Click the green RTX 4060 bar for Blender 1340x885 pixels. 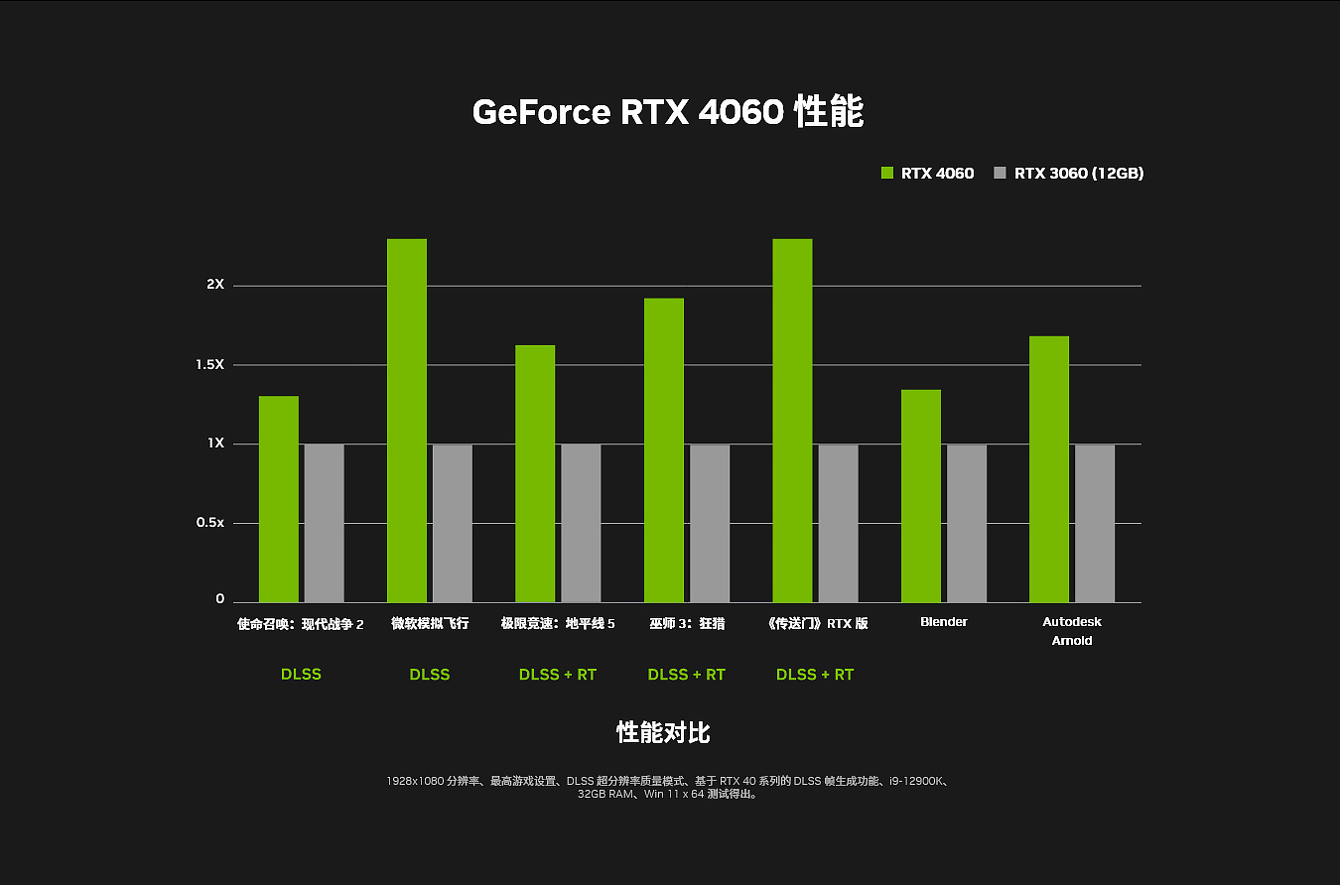click(920, 496)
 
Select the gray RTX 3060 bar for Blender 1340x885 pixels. click(967, 523)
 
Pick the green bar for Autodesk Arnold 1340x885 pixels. click(1049, 469)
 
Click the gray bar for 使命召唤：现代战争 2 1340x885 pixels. click(324, 523)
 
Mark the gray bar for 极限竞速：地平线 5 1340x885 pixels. click(581, 523)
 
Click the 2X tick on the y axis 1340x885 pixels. click(215, 285)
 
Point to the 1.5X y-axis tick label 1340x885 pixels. click(209, 365)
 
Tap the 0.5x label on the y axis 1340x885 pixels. click(209, 523)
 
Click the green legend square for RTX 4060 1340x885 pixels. click(887, 174)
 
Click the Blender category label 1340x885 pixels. click(943, 622)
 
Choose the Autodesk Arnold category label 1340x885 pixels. click(1072, 631)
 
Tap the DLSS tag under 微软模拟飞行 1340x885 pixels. click(429, 675)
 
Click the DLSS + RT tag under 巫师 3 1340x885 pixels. click(686, 675)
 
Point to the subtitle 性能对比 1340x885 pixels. click(663, 733)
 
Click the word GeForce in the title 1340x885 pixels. click(541, 112)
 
